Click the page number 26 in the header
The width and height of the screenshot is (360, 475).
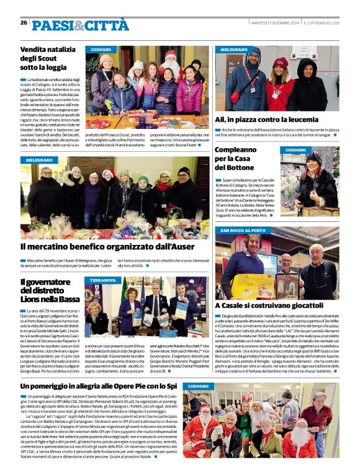coord(24,22)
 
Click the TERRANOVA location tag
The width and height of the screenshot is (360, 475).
coord(103,280)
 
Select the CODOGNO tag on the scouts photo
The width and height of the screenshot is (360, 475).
coord(101,49)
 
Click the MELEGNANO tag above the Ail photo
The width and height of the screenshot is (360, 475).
coord(233,49)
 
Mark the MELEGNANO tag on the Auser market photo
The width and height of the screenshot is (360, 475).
coord(39,160)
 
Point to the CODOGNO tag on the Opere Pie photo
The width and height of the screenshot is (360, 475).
coord(199,386)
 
